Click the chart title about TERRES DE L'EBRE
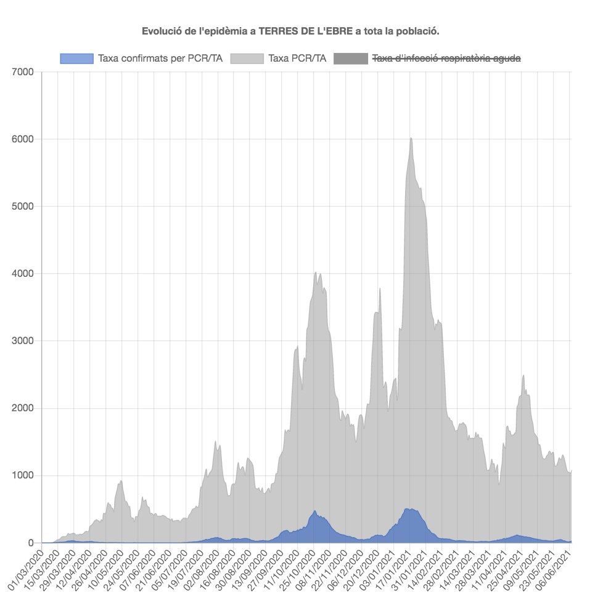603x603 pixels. click(x=290, y=31)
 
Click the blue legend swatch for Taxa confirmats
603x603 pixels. click(x=77, y=58)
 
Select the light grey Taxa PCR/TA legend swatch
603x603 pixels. click(x=247, y=58)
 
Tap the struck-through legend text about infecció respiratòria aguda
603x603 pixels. click(x=446, y=58)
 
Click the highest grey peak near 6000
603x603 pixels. click(x=411, y=139)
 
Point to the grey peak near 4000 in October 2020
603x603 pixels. click(x=316, y=273)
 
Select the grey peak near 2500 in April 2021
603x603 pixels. click(x=523, y=375)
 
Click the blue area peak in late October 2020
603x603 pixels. click(x=315, y=512)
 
